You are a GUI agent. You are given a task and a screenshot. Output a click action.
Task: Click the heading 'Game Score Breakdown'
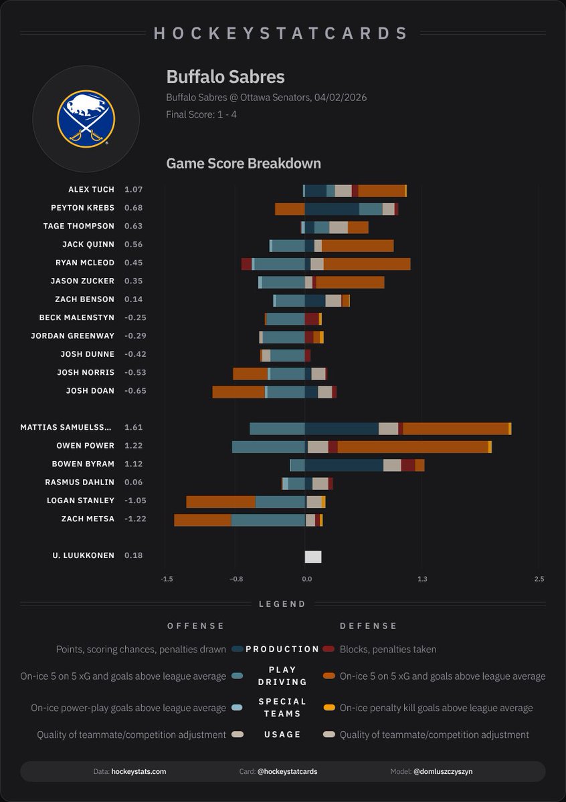coord(244,163)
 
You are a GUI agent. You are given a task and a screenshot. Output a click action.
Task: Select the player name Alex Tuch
coord(91,190)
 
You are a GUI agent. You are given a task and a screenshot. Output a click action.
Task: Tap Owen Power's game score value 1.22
coord(134,445)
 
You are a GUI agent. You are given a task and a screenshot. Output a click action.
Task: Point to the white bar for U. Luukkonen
coord(313,556)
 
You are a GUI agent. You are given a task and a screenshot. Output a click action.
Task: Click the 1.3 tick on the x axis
coord(421,579)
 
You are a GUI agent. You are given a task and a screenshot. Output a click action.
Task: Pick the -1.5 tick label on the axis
coord(167,579)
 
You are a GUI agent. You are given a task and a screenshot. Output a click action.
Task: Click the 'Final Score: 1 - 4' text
coord(201,114)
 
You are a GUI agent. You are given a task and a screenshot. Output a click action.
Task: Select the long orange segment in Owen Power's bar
coord(413,446)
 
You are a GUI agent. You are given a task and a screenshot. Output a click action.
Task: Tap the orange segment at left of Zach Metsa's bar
coord(203,520)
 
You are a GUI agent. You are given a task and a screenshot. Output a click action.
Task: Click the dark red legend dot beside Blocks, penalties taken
coord(328,649)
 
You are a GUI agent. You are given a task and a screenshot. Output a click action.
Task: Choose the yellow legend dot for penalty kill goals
coord(328,708)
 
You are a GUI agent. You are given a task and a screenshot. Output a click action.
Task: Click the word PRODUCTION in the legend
coord(282,649)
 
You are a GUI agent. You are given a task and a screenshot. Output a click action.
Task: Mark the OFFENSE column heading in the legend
coord(195,626)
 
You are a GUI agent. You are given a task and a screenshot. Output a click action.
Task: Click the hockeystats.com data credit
coord(138,771)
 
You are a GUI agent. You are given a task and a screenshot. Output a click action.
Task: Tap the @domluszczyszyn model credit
coord(443,771)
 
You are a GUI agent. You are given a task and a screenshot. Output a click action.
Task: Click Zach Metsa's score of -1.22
coord(134,519)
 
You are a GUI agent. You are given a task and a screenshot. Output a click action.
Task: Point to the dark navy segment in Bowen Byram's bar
coord(344,464)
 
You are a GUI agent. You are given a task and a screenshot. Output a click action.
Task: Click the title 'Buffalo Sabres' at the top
coord(225,76)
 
